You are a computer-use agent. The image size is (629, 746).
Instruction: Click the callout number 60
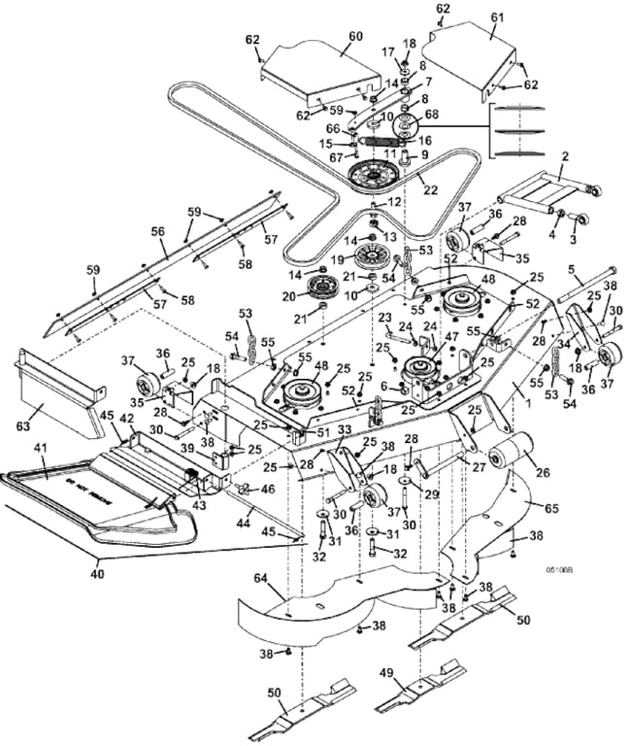point(354,37)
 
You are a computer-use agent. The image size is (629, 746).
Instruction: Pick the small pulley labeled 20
point(319,288)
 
